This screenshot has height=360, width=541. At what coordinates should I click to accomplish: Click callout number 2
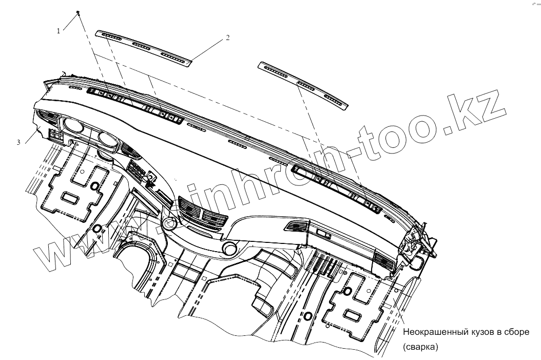pos(227,37)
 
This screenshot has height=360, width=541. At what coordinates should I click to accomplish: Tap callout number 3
pos(19,142)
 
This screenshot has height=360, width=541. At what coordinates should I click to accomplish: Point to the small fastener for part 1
pos(77,12)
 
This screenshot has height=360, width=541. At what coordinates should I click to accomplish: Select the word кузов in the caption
pos(482,332)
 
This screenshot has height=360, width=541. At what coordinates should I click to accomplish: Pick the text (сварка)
pos(421,347)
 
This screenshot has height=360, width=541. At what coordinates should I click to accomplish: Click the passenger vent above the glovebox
pos(296,225)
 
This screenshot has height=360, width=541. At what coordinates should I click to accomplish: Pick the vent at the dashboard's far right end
pos(384,261)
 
